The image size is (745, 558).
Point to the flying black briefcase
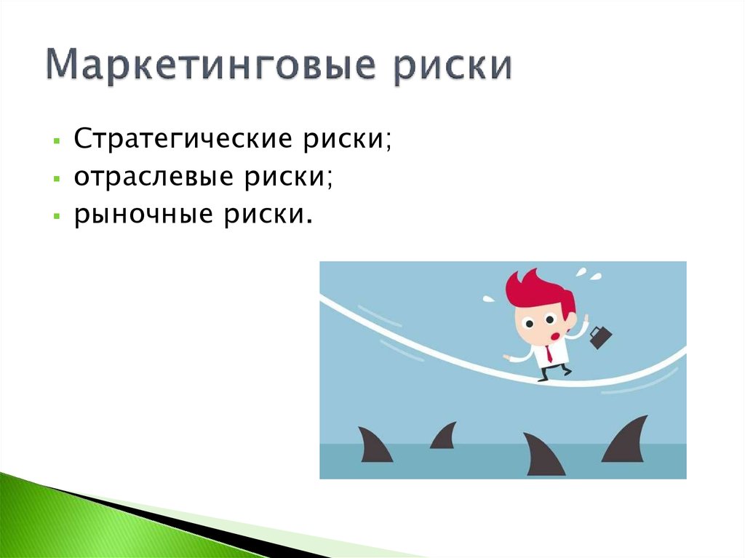[x=600, y=336]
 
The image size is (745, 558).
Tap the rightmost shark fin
[x=627, y=442]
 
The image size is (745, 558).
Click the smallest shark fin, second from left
[x=445, y=437]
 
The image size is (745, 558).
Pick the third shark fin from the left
[x=542, y=455]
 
